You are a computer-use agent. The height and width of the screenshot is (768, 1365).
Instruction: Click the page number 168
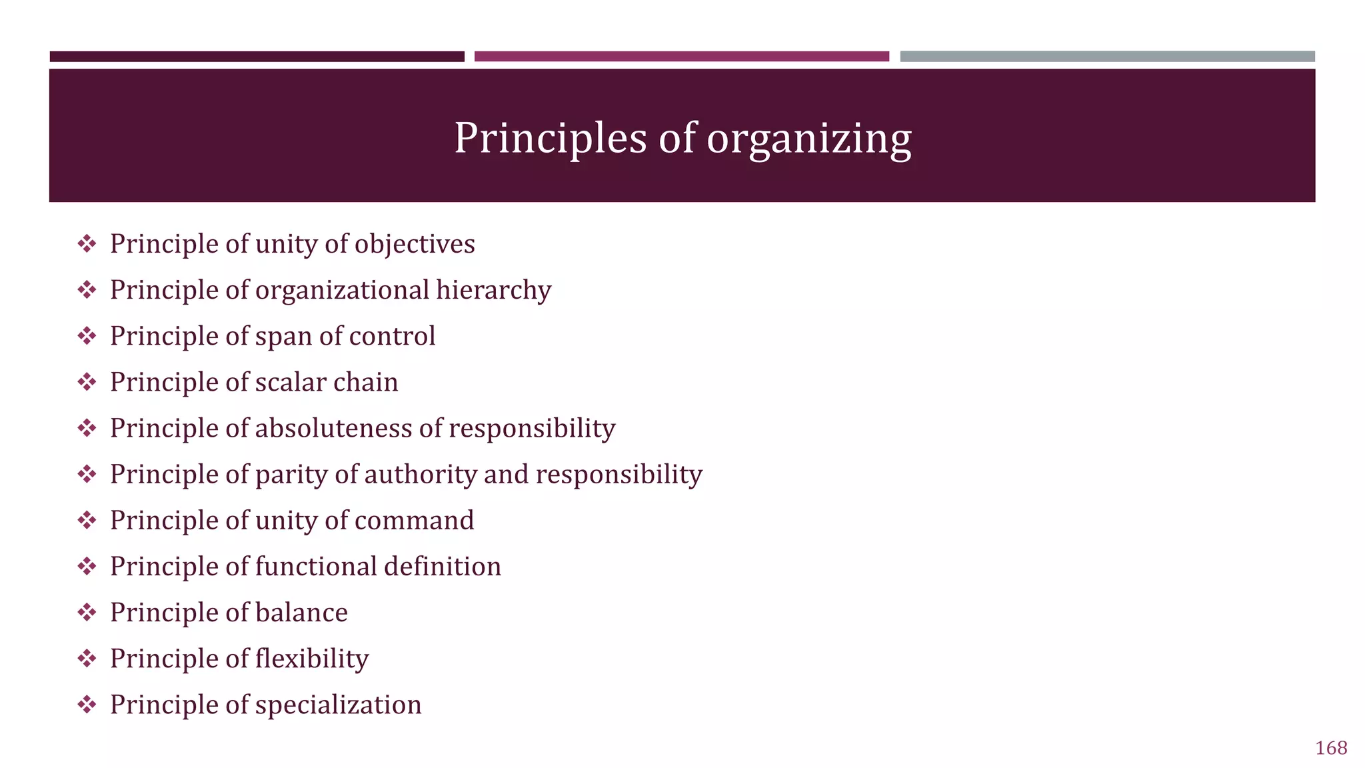coord(1331,748)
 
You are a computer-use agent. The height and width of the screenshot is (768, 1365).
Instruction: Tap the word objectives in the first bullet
coord(415,244)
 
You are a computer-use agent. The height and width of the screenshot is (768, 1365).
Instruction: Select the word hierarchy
coord(493,290)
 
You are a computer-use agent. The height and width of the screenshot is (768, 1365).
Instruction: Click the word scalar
coord(291,382)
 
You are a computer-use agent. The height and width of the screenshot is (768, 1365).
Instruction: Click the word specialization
coord(338,705)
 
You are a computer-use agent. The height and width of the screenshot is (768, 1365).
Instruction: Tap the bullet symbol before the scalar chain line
coord(87,382)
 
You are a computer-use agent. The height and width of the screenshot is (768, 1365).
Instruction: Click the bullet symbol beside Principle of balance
coord(87,613)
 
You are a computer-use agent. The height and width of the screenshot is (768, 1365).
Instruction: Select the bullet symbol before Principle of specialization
coord(87,705)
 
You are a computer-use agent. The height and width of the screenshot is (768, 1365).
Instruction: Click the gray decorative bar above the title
coord(1107,57)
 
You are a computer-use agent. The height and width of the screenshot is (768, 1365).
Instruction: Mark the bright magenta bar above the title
coord(681,57)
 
